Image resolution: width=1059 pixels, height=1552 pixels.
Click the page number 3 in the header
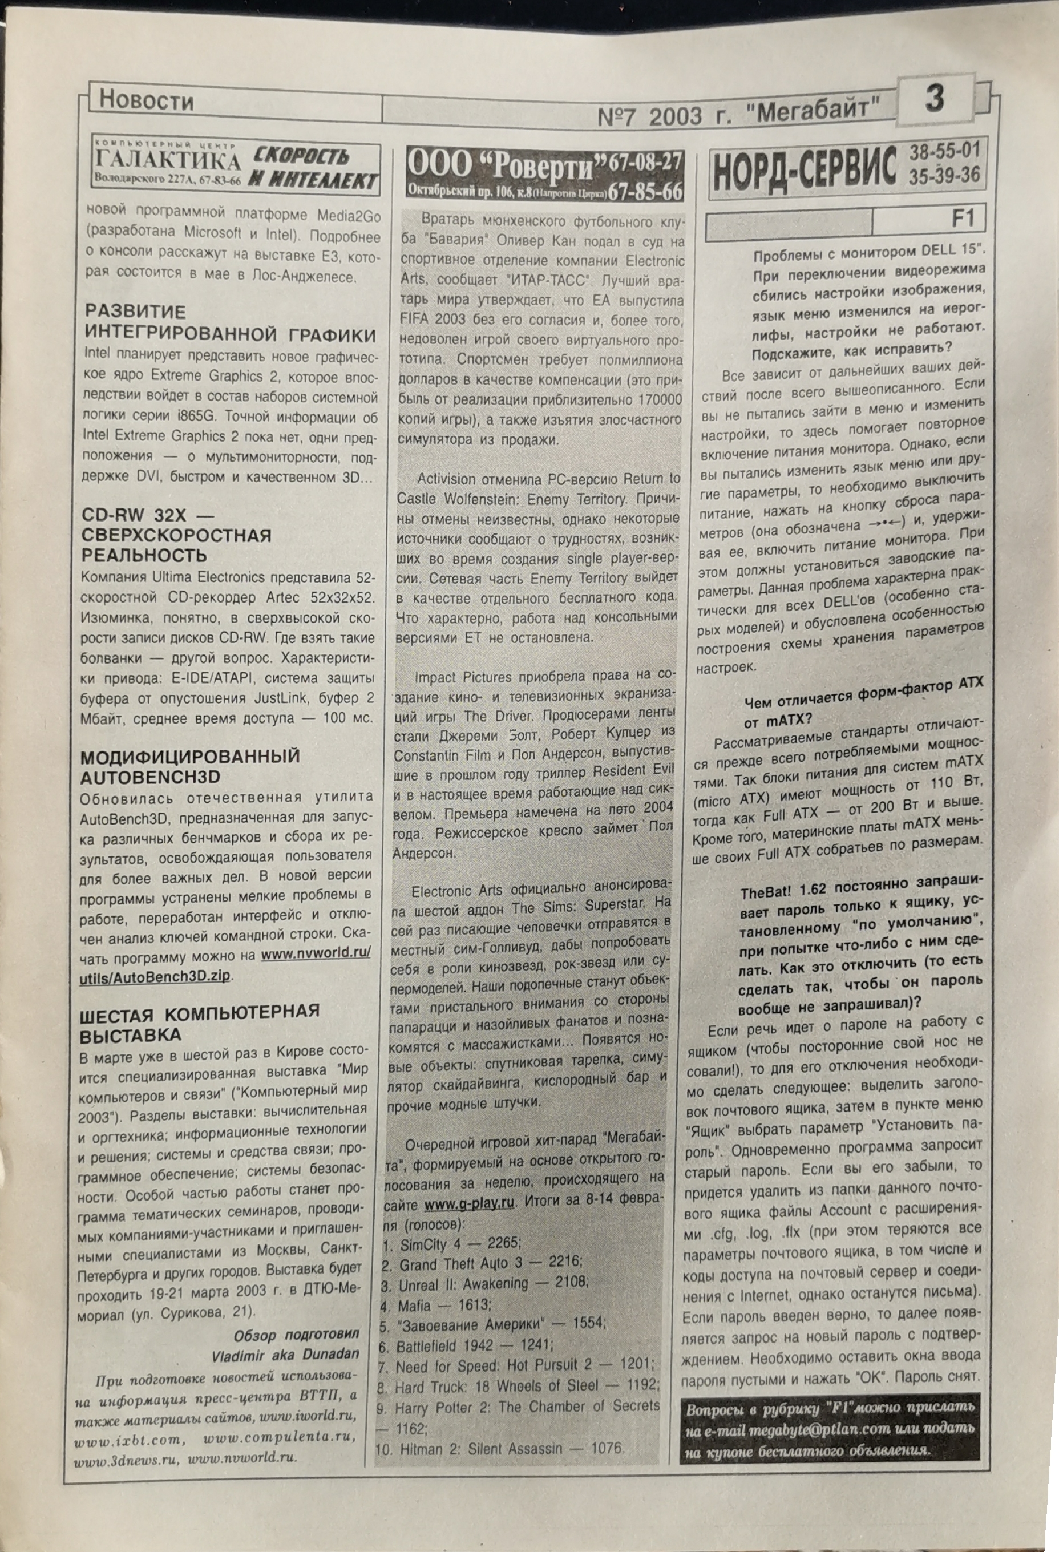[935, 99]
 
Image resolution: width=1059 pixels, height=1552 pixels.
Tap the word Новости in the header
[146, 101]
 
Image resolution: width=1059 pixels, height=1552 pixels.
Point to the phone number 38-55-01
[944, 149]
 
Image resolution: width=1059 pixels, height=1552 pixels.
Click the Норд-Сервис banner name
[805, 169]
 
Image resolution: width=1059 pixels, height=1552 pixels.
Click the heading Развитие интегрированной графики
[231, 323]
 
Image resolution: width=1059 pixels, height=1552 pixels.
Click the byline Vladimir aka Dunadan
[285, 1355]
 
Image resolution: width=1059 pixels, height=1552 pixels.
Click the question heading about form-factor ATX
[863, 700]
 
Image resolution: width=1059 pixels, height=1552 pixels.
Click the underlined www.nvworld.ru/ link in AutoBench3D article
[315, 953]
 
